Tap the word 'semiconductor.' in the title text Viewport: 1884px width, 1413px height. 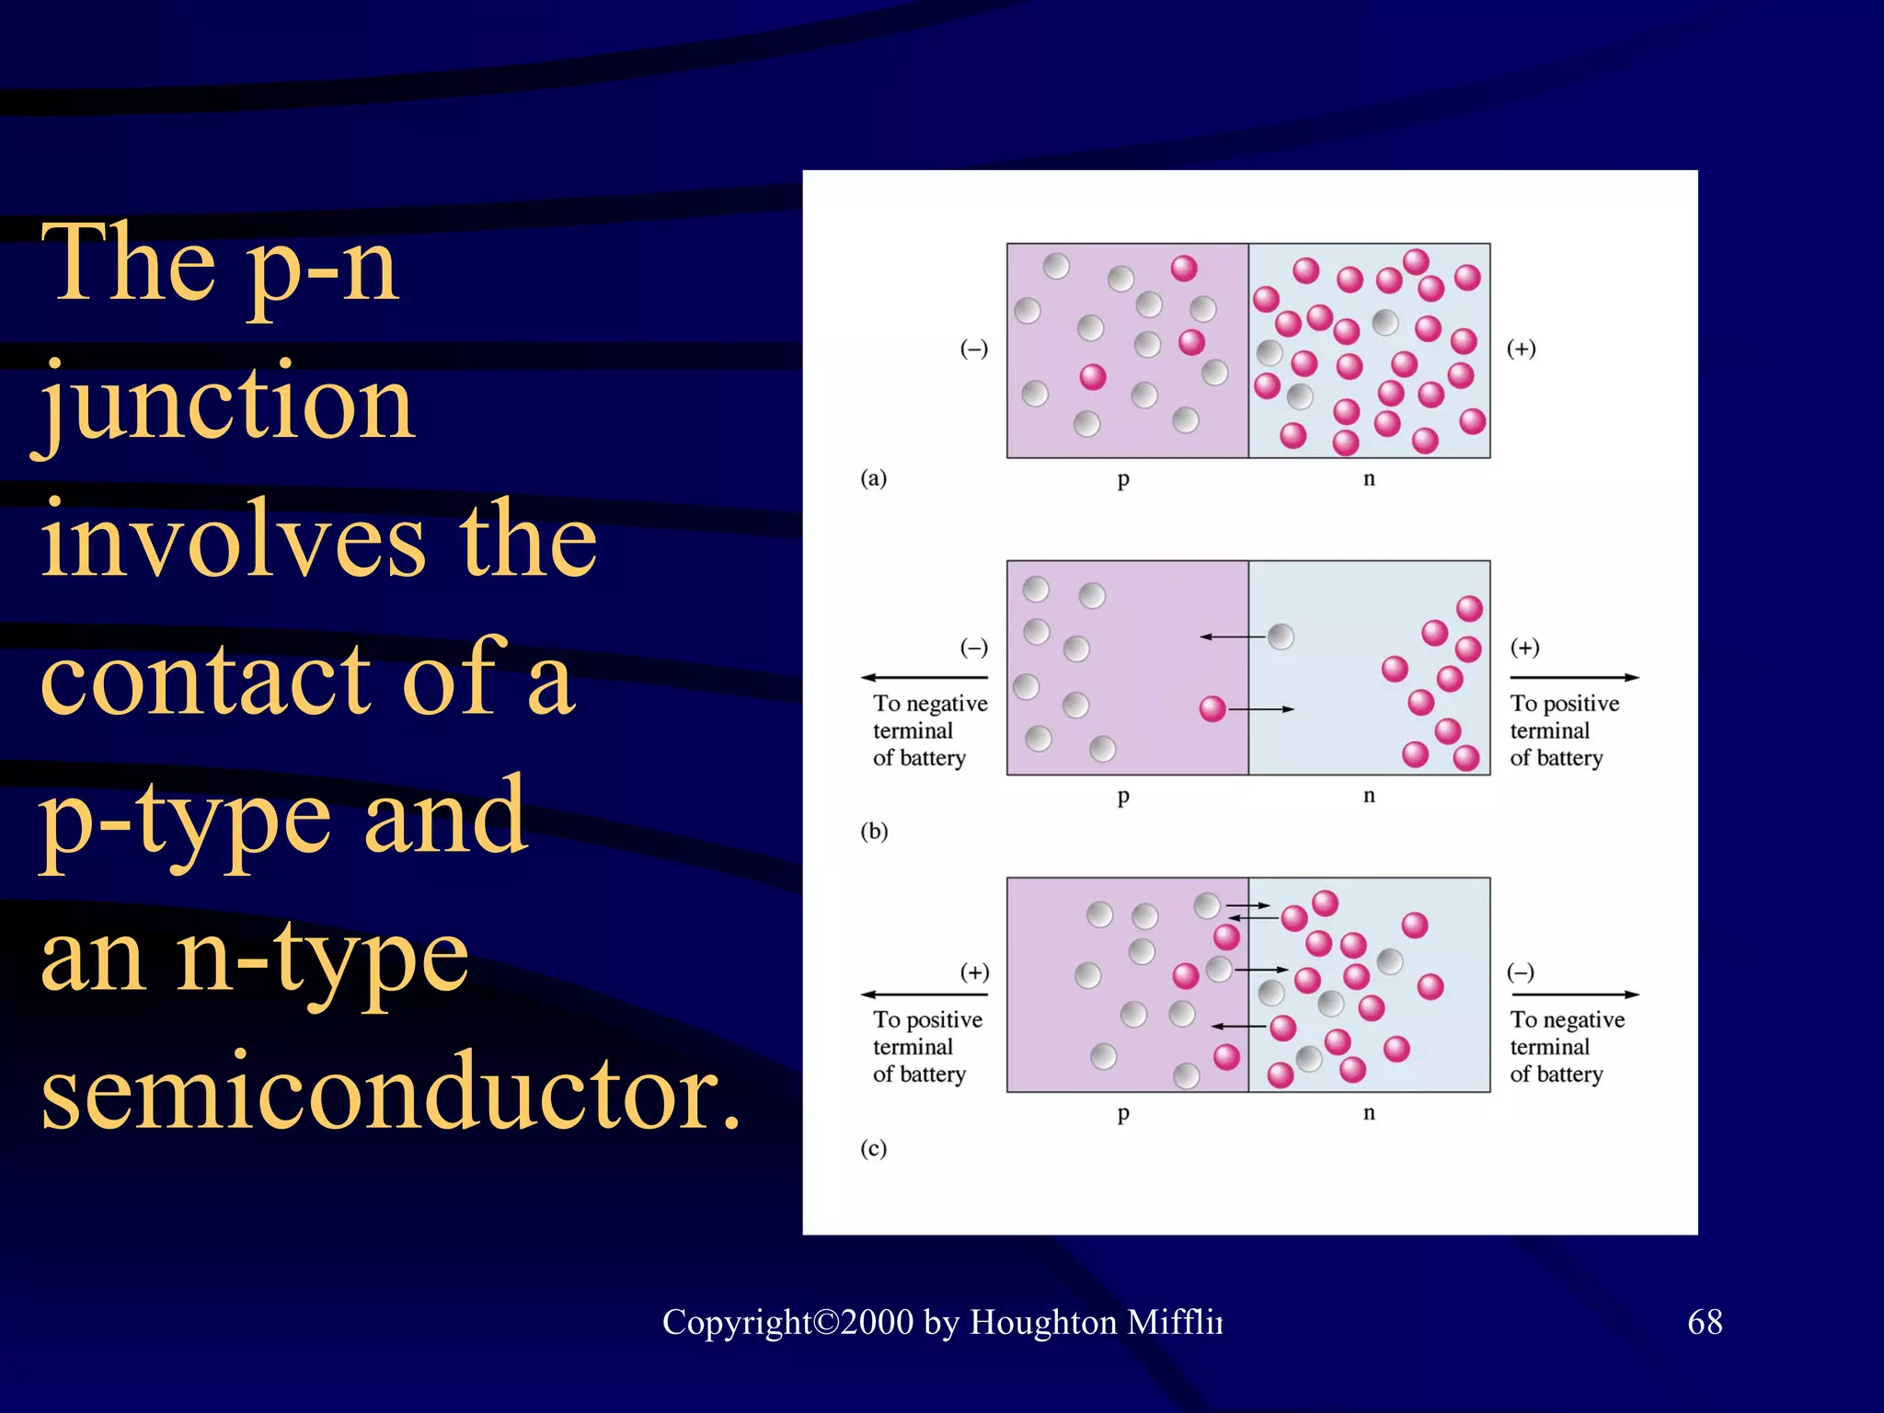[x=391, y=1092]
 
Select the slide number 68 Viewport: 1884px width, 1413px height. [x=1705, y=1322]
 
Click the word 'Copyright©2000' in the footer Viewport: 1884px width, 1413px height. [x=787, y=1322]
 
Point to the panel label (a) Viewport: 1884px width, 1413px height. [x=873, y=477]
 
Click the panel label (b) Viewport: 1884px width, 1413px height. [x=873, y=831]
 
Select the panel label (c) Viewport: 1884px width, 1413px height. [x=873, y=1148]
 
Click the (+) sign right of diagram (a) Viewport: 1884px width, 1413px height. [x=1521, y=349]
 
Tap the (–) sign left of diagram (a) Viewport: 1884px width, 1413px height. [x=974, y=349]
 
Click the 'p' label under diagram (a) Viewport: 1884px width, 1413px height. [x=1123, y=479]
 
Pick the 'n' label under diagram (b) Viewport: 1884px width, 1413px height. [x=1369, y=795]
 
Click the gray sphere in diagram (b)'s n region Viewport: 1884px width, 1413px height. [x=1281, y=636]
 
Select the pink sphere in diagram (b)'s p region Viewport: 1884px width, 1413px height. [x=1212, y=708]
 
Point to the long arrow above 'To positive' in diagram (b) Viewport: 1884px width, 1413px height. [x=1574, y=678]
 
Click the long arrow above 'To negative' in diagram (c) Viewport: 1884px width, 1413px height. [x=1574, y=994]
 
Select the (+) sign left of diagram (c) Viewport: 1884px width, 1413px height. [x=974, y=972]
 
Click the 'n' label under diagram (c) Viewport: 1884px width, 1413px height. [x=1369, y=1112]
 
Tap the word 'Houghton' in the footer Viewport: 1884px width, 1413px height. [x=1043, y=1322]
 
